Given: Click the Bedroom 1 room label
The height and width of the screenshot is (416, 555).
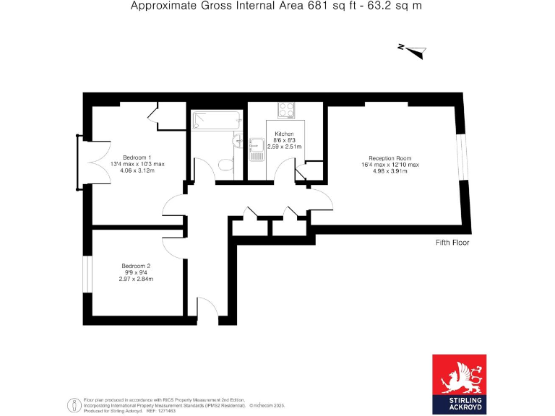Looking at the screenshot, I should pos(137,157).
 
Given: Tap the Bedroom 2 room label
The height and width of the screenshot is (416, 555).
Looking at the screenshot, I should pos(136,264).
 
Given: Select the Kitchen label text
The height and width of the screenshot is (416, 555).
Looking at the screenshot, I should pos(283,134).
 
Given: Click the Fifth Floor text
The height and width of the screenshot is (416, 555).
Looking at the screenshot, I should pos(452,243).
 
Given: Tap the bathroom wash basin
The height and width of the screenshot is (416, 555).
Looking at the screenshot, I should pos(238,139).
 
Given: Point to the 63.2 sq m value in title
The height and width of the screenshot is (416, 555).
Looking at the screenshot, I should pos(396,6).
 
